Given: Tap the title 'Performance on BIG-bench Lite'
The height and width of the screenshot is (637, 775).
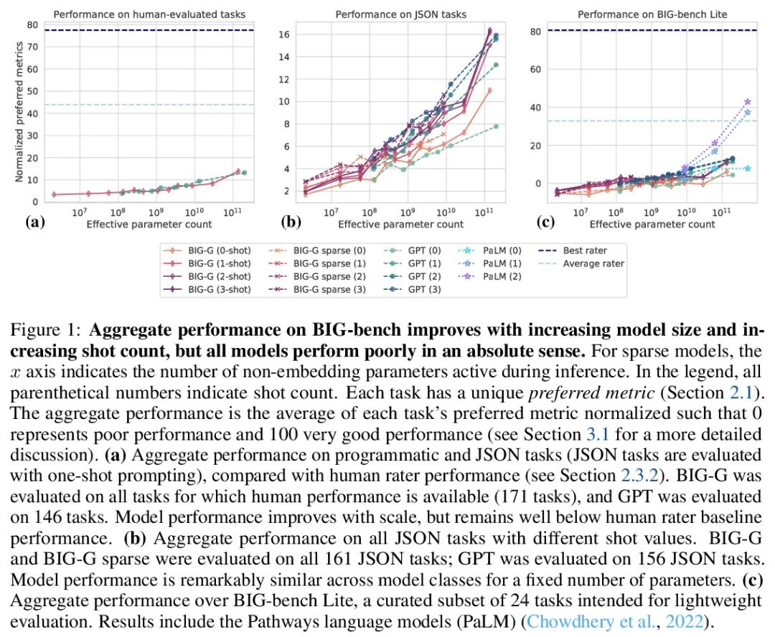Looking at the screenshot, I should [x=652, y=14].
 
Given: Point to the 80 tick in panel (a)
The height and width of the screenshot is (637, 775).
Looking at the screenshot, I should [x=32, y=24].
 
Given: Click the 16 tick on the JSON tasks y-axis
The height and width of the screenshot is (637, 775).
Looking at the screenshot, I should [x=283, y=34].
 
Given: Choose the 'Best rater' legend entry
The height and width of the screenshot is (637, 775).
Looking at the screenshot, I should [x=583, y=251].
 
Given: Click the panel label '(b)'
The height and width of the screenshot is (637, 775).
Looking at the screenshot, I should [x=291, y=222].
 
